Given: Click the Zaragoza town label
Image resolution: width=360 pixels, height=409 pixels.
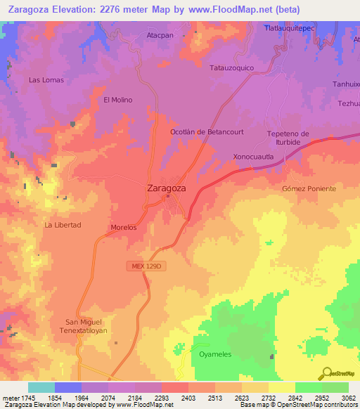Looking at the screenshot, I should tap(167, 188).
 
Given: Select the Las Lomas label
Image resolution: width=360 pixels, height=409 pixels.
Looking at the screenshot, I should tap(46, 80).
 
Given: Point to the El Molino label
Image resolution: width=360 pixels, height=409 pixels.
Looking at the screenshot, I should tap(118, 100).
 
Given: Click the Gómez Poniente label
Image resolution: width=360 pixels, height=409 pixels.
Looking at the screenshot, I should tap(309, 189).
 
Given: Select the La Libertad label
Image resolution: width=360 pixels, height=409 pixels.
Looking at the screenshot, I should tap(63, 225).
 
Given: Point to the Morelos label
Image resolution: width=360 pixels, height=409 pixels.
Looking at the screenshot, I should tap(123, 228).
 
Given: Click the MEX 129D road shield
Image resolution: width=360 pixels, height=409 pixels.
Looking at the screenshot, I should tap(146, 266).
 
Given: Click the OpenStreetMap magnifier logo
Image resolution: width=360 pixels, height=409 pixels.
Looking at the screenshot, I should tap(326, 374).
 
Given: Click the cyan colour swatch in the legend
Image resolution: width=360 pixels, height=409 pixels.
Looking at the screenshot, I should tap(41, 388).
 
